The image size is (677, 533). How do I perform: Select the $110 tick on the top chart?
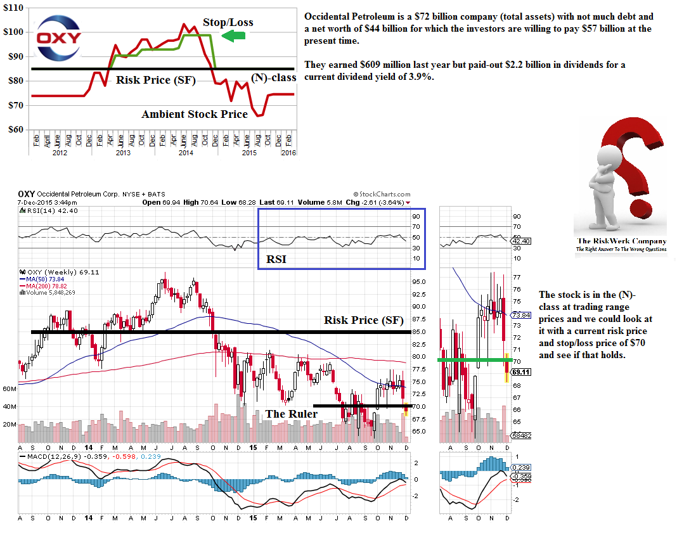(x=14, y=8)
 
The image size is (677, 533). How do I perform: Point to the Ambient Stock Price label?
(x=195, y=115)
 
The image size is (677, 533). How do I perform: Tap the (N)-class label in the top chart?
(x=273, y=78)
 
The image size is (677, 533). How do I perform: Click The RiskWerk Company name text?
(x=621, y=241)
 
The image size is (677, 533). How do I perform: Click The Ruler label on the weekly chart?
(x=292, y=414)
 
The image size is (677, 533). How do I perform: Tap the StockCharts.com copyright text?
(x=382, y=195)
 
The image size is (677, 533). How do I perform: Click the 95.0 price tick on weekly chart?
(x=419, y=281)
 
